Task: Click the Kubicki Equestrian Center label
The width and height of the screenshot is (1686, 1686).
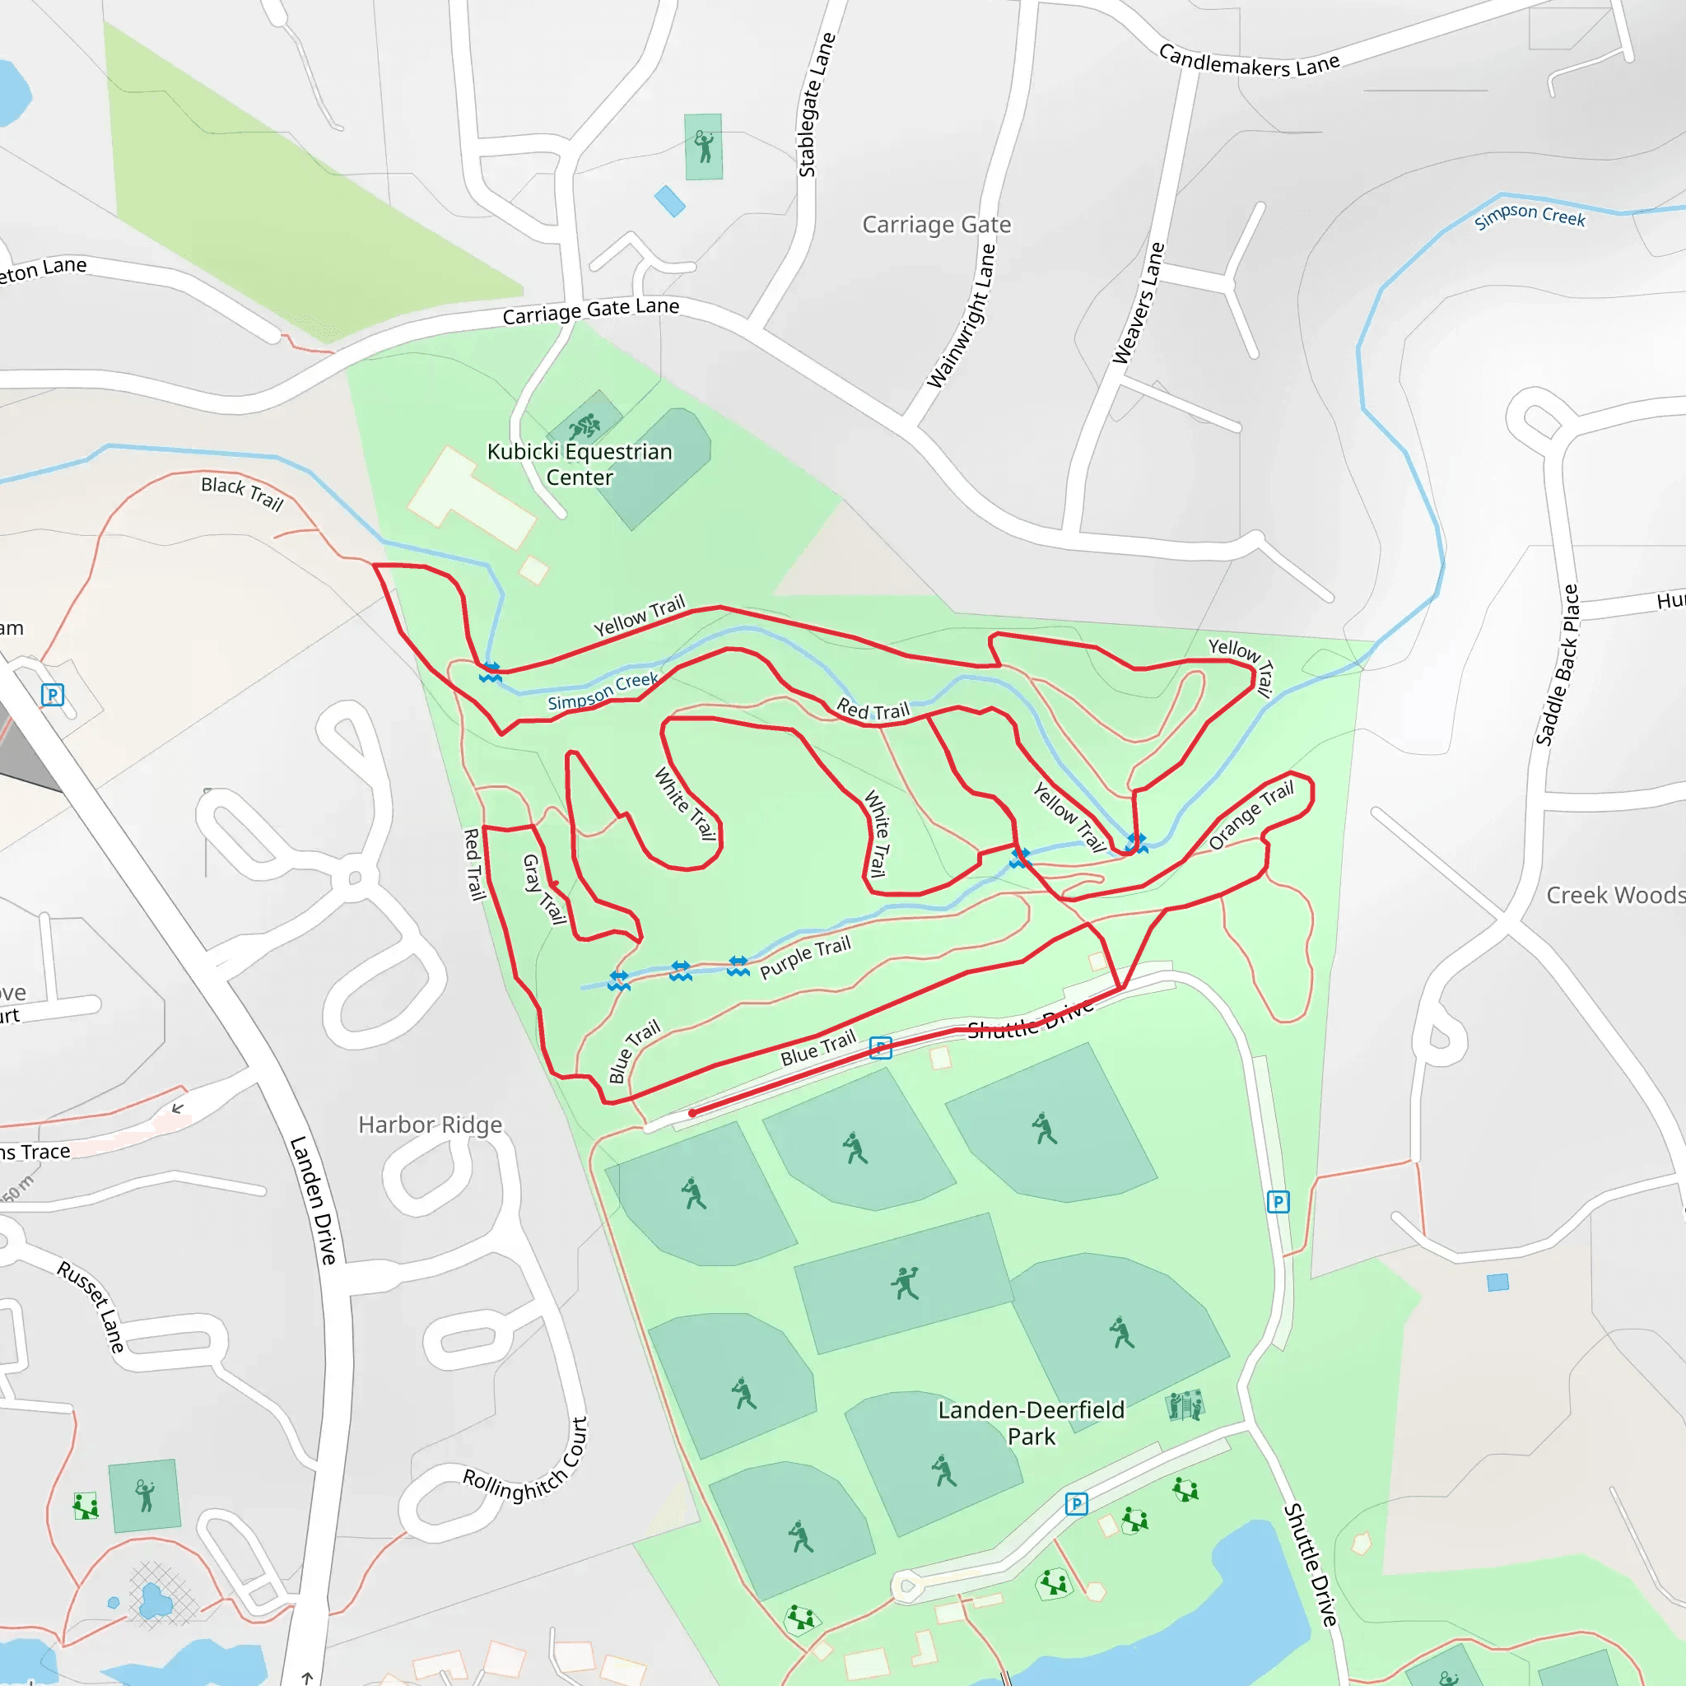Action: click(x=580, y=464)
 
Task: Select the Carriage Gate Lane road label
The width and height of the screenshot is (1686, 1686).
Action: click(x=591, y=310)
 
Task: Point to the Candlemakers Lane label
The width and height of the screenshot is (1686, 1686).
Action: click(x=1248, y=61)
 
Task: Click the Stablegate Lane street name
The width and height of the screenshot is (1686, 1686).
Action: click(x=817, y=105)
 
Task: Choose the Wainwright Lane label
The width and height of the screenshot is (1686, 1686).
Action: click(x=961, y=316)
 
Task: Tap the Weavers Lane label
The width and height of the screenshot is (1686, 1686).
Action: click(x=1138, y=303)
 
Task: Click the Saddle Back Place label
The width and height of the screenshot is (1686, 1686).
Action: click(x=1558, y=665)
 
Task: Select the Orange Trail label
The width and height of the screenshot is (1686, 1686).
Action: click(x=1251, y=815)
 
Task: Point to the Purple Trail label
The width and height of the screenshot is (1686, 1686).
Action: click(x=804, y=957)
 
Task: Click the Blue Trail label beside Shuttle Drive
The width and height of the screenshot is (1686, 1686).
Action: click(x=817, y=1047)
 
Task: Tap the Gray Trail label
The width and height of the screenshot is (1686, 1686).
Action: click(x=543, y=888)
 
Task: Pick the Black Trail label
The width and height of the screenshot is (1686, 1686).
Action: click(x=243, y=493)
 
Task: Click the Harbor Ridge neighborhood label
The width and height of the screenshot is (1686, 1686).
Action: click(x=431, y=1124)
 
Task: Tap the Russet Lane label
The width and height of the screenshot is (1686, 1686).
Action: click(x=91, y=1306)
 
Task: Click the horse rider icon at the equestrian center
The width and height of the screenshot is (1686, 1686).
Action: click(x=584, y=426)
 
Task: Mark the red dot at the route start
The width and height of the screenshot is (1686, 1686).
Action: click(x=692, y=1113)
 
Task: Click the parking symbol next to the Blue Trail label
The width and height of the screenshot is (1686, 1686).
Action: click(x=881, y=1048)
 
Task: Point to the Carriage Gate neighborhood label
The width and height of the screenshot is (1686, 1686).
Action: click(x=936, y=224)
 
